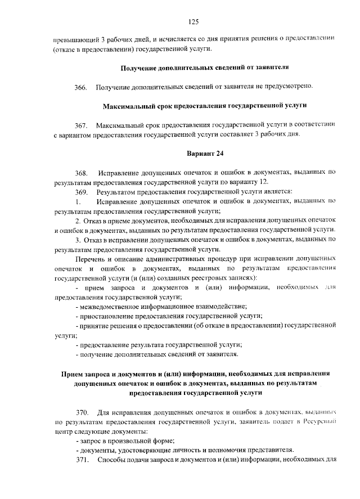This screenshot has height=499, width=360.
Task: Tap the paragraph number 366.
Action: point(81,87)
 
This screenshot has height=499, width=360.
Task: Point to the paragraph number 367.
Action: point(81,124)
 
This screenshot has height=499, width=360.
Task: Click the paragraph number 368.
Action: point(81,172)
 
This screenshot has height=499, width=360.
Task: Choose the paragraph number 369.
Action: point(81,192)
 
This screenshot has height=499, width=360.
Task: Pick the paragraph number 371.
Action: point(81,460)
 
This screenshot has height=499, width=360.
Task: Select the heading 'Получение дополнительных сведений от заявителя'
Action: point(205,68)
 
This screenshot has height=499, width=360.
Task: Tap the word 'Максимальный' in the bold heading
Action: point(129,105)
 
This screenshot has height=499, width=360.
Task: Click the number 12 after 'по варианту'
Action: point(264,182)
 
